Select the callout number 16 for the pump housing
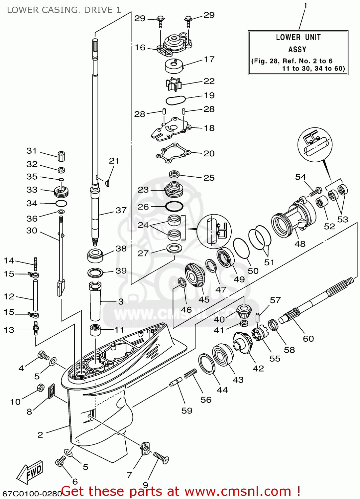140,48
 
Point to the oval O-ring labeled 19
176,100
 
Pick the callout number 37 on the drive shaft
121,210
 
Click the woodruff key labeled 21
107,183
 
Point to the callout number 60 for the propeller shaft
308,339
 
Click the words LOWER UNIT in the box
298,37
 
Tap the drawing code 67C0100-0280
32,493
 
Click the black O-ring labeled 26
174,207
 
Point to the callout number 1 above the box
305,6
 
